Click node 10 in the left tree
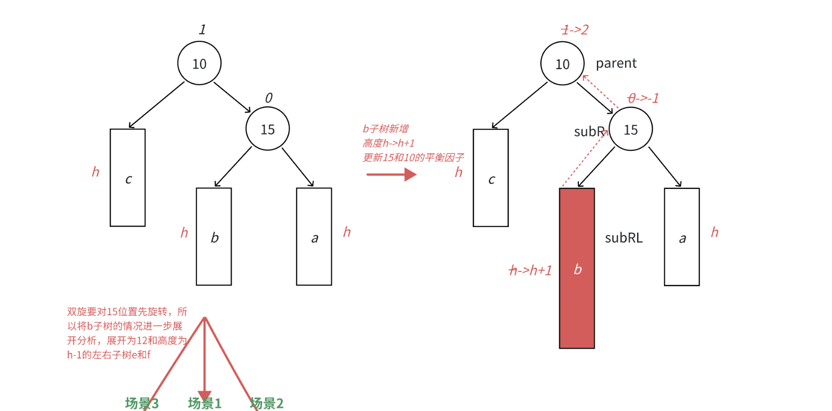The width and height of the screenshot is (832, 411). tap(199, 63)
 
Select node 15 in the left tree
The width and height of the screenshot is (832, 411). tap(268, 129)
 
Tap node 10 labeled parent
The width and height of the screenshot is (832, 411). tap(562, 64)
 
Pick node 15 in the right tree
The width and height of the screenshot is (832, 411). tap(631, 129)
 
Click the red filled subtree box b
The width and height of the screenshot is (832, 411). tap(577, 268)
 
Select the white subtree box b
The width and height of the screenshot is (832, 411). tap(214, 237)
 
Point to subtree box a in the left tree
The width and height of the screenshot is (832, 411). tap(314, 237)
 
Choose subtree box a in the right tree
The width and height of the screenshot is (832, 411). tap(682, 237)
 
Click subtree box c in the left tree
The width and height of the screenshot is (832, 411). tap(128, 178)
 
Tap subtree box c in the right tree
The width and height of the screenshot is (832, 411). tap(491, 178)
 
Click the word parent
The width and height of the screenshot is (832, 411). tap(616, 64)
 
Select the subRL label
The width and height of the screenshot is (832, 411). tap(623, 238)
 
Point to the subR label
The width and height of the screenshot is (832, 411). tap(589, 131)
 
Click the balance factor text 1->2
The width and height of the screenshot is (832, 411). tap(574, 30)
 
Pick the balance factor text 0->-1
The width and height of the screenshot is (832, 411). tap(643, 98)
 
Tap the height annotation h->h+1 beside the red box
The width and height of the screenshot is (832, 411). tap(530, 271)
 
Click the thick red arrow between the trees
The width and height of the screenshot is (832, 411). tap(391, 174)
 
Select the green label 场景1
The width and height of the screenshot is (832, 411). tap(204, 403)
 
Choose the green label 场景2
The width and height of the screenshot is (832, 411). tap(267, 403)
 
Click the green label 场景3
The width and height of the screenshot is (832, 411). tap(142, 403)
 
